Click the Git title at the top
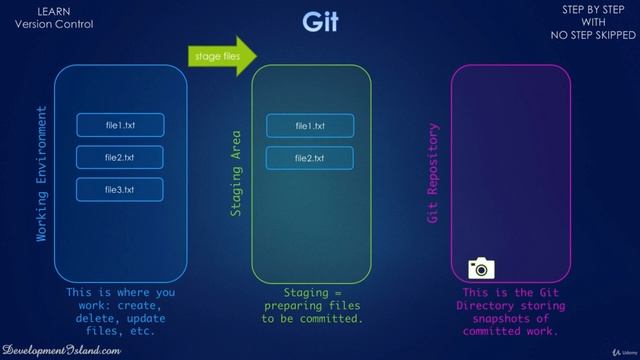pos(320,22)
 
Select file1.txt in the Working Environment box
pos(120,125)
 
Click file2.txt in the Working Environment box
pos(120,157)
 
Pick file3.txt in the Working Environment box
pos(120,189)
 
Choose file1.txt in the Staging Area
pos(309,126)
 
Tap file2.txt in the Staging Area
pos(309,158)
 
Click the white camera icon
pos(482,267)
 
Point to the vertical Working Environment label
pos(42,174)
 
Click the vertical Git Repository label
pos(433,174)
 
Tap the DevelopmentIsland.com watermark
pos(62,349)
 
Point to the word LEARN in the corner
pos(53,11)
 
